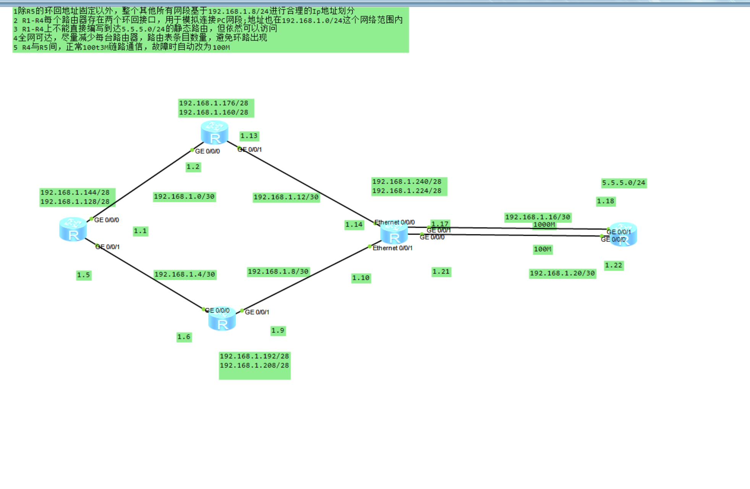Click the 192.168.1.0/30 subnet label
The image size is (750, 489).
coord(184,197)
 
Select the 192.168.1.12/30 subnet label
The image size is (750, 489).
coord(286,197)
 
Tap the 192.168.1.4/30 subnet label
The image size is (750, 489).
coord(185,274)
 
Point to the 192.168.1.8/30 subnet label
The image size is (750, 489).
coord(278,271)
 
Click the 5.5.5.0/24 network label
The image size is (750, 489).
coord(624,183)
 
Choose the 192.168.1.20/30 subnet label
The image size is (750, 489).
coord(562,273)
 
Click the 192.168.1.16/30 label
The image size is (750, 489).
coord(538,217)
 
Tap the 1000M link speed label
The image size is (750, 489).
coord(544,225)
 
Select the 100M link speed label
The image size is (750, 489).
coord(543,249)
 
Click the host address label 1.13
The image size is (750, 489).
coord(249,136)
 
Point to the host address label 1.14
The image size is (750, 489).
coord(354,224)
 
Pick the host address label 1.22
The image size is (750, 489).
coord(614,265)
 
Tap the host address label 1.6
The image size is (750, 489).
coord(184,337)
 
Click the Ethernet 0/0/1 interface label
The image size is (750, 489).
coord(392,248)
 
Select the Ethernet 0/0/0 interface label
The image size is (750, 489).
coord(394,222)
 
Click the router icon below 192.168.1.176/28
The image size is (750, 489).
coord(215,132)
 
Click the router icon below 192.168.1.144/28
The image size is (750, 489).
coord(73,229)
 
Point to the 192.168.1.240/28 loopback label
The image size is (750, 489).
coord(407,182)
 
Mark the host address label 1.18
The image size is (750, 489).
coord(606,201)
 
